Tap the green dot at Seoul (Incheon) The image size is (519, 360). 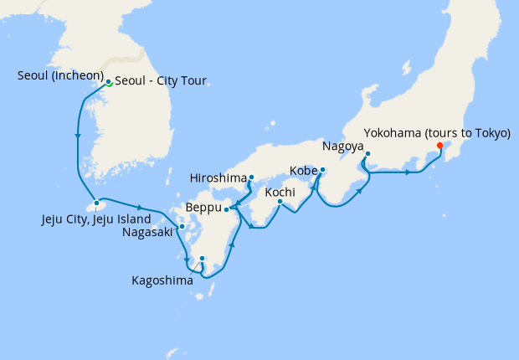pyautogui.click(x=109, y=82)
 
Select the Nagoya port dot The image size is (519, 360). pyautogui.click(x=367, y=153)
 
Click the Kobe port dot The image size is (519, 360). pyautogui.click(x=323, y=171)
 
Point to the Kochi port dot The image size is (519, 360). pyautogui.click(x=280, y=201)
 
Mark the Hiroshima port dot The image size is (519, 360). pyautogui.click(x=251, y=177)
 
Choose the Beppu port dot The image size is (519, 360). pyautogui.click(x=227, y=208)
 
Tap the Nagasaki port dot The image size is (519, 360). pyautogui.click(x=182, y=226)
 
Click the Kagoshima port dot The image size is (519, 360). pyautogui.click(x=203, y=258)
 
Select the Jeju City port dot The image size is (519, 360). pyautogui.click(x=97, y=203)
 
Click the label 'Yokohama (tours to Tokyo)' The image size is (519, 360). pyautogui.click(x=437, y=132)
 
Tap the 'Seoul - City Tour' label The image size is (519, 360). pyautogui.click(x=160, y=81)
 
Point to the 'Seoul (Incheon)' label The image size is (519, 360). pyautogui.click(x=59, y=76)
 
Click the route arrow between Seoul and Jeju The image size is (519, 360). pyautogui.click(x=78, y=136)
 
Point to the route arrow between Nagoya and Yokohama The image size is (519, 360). pyautogui.click(x=408, y=173)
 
